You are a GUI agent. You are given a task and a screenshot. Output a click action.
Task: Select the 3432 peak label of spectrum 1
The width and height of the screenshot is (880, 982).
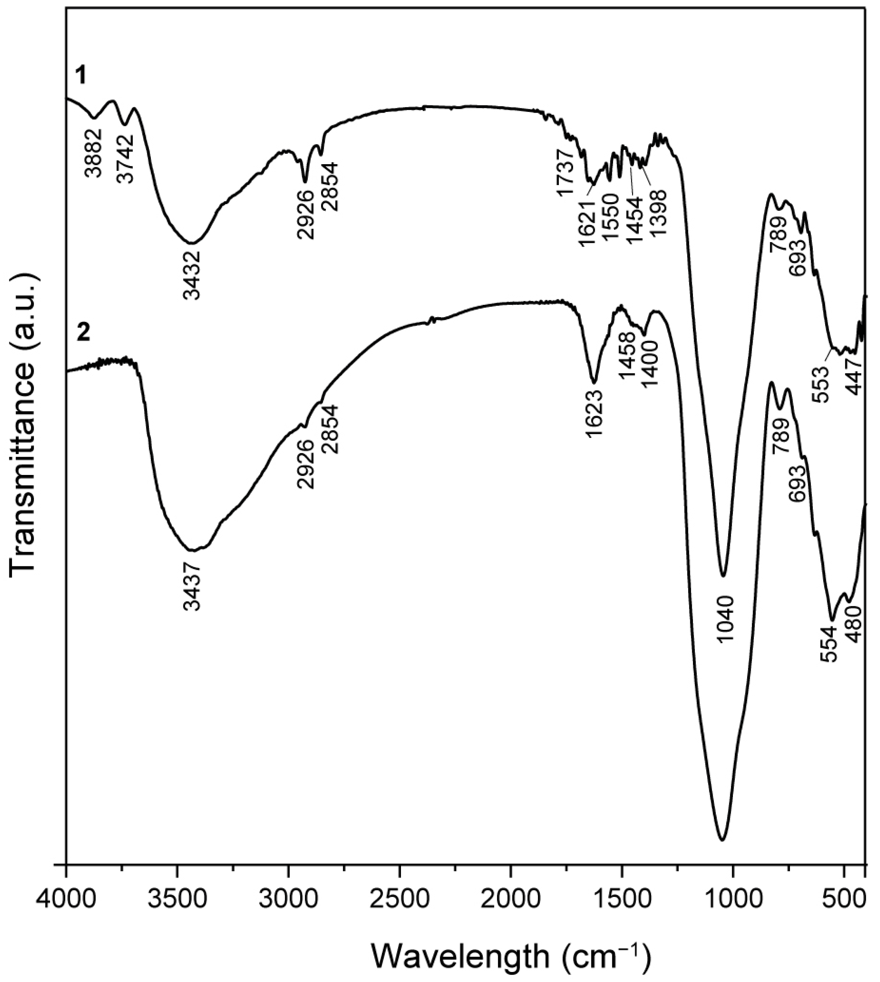[x=192, y=275]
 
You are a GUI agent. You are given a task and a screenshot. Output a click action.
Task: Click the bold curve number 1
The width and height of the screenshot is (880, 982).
[x=84, y=75]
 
